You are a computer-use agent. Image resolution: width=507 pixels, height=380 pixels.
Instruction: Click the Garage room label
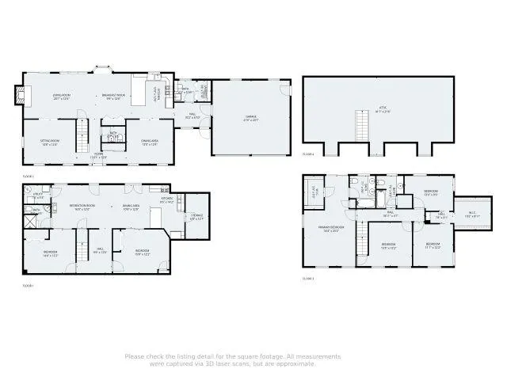[x=250, y=117]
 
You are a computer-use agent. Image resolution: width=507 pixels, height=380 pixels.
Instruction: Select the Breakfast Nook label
[x=112, y=96]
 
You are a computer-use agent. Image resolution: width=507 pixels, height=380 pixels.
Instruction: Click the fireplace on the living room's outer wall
[x=23, y=97]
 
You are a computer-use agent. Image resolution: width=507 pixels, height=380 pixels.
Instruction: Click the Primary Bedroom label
[x=332, y=229]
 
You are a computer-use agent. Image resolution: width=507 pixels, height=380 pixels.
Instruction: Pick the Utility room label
[x=38, y=196]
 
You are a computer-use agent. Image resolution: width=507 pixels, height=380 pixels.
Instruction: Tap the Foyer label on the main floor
[x=99, y=156]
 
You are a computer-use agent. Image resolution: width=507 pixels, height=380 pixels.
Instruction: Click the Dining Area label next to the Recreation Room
[x=132, y=207]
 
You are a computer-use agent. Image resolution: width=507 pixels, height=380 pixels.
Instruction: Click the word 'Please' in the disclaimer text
[x=135, y=356]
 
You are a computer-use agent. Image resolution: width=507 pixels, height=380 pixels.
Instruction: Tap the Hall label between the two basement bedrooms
[x=100, y=252]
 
